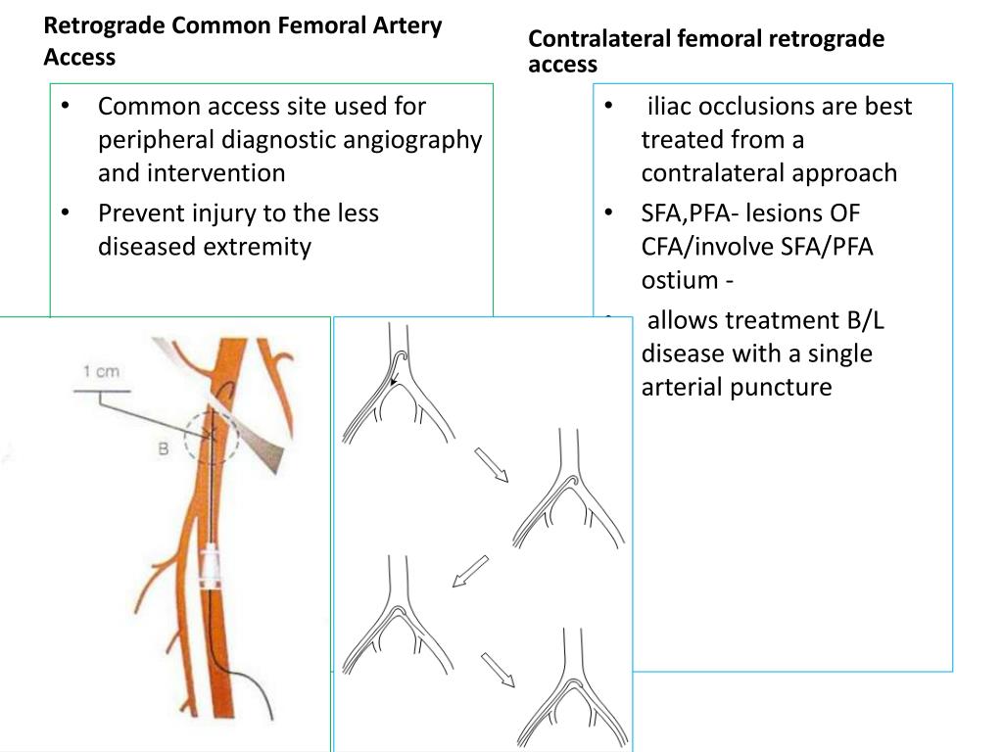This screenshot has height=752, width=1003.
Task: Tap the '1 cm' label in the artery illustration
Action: coord(100,372)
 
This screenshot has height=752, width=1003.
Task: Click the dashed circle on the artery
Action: coord(211,437)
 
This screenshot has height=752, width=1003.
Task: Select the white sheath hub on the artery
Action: coord(213,567)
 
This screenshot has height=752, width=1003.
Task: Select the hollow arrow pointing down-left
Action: coord(470,571)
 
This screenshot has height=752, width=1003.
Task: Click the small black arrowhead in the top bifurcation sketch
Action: coord(393,381)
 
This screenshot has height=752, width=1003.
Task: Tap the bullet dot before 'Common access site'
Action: coord(65,106)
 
